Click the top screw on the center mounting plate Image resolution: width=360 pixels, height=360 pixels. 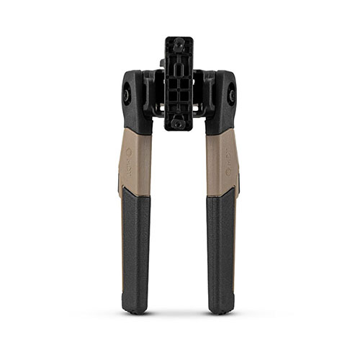tap(179, 45)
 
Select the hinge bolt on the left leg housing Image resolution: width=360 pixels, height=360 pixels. tap(127, 94)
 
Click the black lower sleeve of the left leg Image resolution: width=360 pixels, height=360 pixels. tap(136, 245)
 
